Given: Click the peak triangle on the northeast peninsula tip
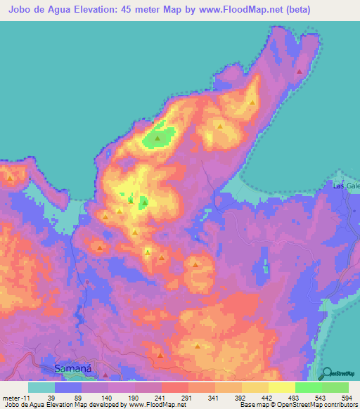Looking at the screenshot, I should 300,71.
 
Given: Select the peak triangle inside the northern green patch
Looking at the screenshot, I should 157,138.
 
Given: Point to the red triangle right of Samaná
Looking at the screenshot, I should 105,366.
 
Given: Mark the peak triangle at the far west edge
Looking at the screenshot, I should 10,178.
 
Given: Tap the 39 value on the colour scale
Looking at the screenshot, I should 51,397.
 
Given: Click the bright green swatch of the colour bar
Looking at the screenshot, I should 309,387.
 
